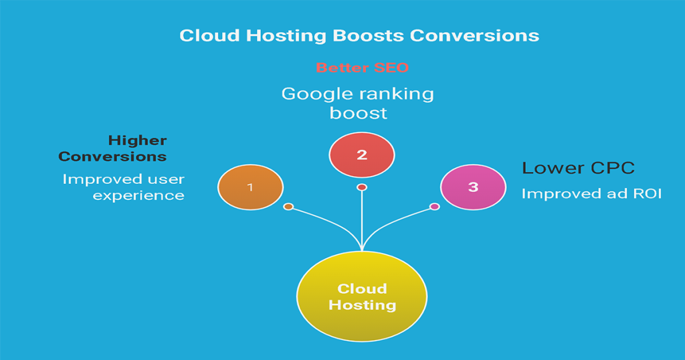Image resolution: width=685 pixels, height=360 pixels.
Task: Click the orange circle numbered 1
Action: [250, 187]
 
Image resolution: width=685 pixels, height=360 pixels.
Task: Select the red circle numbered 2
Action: [362, 155]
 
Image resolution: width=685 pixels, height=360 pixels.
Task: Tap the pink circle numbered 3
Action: [473, 187]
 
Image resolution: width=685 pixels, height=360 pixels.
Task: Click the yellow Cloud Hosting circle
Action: [361, 296]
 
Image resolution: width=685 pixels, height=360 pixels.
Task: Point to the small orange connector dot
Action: [288, 207]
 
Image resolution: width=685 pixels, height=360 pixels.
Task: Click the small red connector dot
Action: [362, 187]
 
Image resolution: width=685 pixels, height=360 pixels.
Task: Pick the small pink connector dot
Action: [435, 206]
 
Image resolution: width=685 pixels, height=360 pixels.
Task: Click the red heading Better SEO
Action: [362, 68]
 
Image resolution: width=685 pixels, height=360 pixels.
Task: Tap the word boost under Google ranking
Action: [359, 113]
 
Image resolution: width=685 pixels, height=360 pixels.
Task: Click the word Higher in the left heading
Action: [137, 141]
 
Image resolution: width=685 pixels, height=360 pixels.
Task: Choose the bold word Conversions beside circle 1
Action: [112, 157]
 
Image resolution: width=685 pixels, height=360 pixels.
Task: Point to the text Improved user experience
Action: [123, 187]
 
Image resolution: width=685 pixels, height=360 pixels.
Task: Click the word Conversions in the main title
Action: [474, 35]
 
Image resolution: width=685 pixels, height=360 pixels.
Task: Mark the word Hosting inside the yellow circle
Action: [362, 305]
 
